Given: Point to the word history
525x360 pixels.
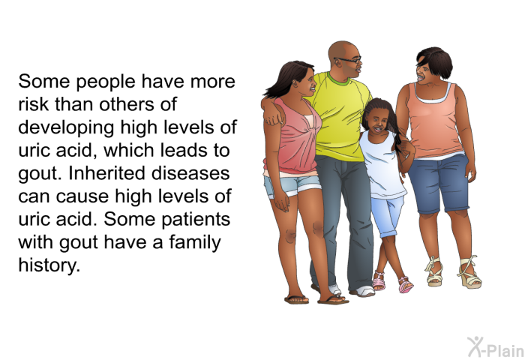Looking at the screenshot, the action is pyautogui.click(x=49, y=266).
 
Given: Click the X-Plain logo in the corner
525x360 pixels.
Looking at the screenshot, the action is pyautogui.click(x=496, y=347).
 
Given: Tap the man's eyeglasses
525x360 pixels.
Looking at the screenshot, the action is pyautogui.click(x=349, y=60).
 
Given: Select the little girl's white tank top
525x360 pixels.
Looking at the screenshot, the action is pyautogui.click(x=382, y=166).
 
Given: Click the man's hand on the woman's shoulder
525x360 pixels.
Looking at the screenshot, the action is pyautogui.click(x=274, y=116).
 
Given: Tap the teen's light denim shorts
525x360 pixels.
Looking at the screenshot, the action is pyautogui.click(x=292, y=186).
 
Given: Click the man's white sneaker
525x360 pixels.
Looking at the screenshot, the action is pyautogui.click(x=364, y=291).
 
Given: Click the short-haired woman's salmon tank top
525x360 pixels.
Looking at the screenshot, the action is pyautogui.click(x=434, y=121).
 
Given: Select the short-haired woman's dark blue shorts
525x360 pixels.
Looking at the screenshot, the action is pyautogui.click(x=439, y=184).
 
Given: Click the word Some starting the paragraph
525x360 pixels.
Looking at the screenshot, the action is pyautogui.click(x=43, y=82).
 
